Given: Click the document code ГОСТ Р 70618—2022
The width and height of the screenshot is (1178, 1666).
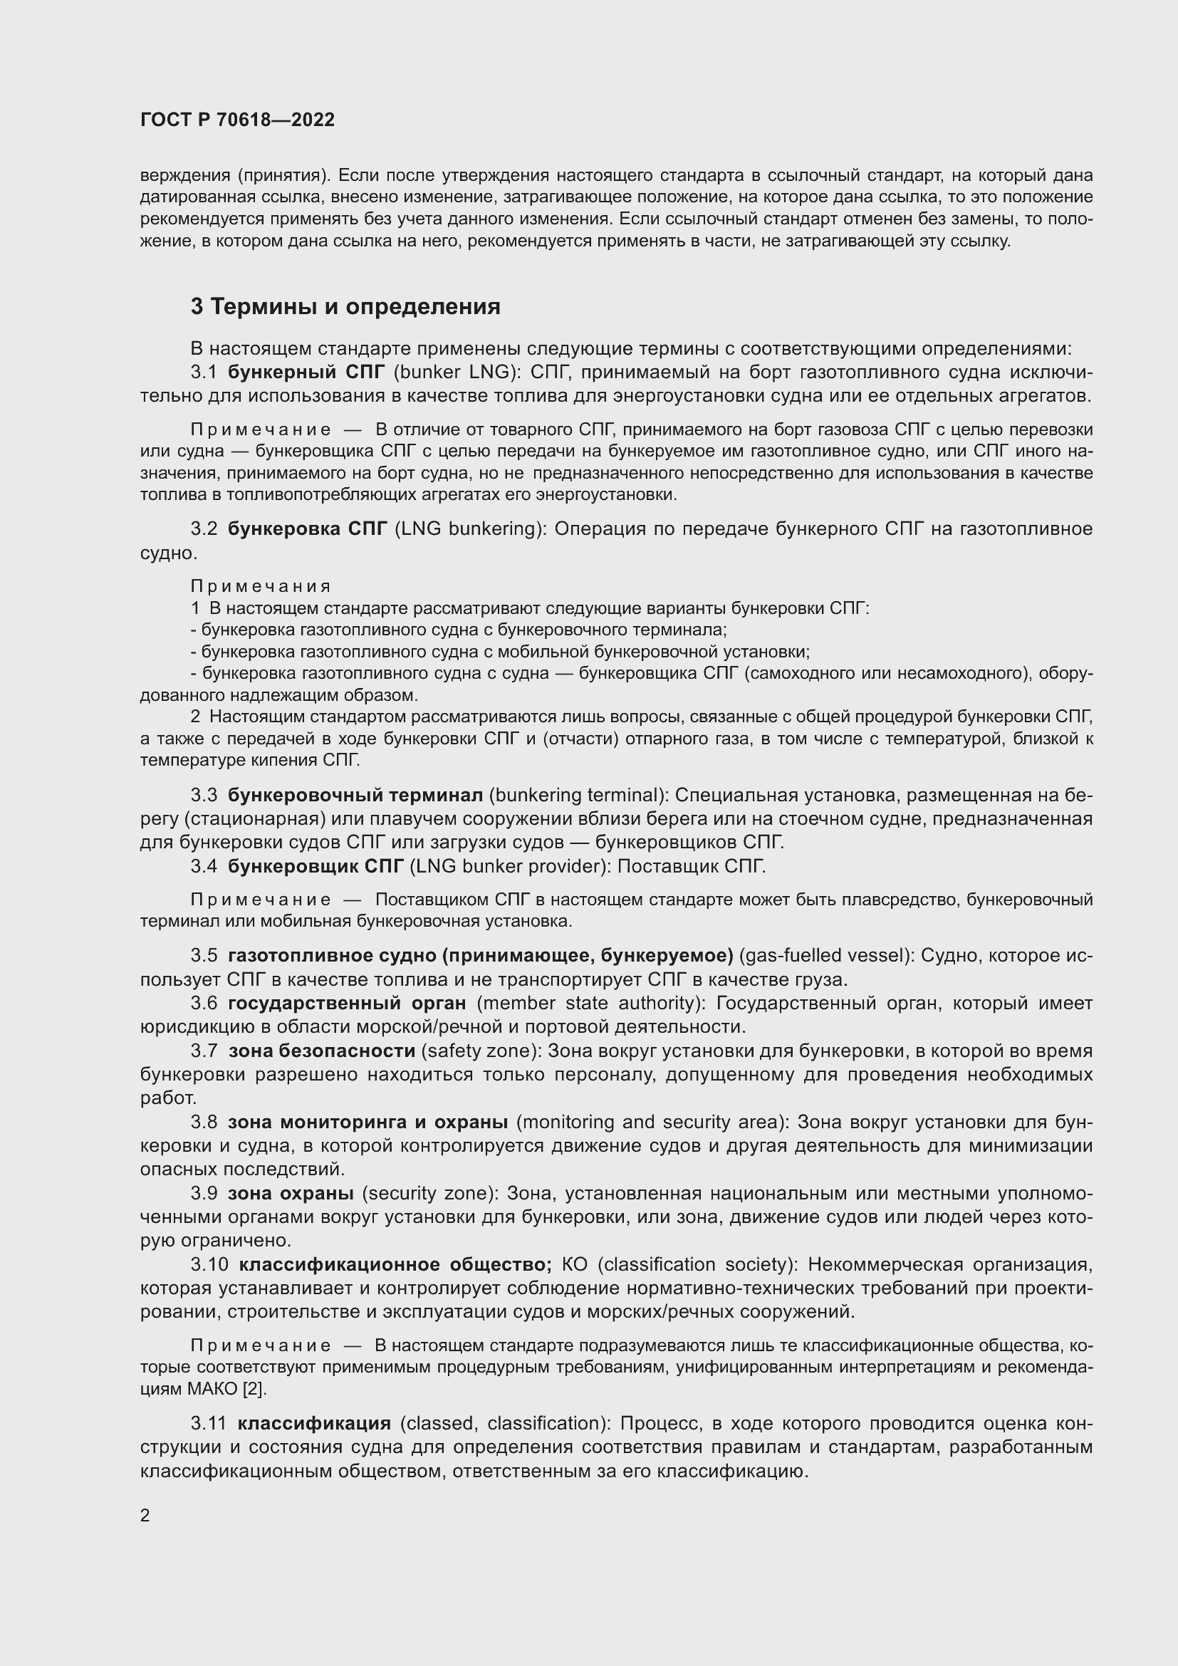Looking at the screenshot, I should [237, 120].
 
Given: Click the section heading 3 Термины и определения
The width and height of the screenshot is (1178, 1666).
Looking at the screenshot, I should [345, 307].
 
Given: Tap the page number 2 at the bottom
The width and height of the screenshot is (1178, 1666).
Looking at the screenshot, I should [145, 1516].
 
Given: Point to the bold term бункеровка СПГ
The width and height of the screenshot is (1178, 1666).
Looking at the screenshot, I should [308, 529].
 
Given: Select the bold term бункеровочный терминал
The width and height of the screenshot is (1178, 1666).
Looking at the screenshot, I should [355, 796].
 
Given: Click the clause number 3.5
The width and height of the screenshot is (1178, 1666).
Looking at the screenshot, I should [204, 956].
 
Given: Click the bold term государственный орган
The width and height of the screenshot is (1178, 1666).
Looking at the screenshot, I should [347, 1004].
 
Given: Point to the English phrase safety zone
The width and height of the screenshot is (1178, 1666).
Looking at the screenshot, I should [479, 1051].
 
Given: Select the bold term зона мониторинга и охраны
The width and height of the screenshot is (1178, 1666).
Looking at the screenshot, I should [368, 1122].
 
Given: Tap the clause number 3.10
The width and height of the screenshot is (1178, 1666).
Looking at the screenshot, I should [209, 1264].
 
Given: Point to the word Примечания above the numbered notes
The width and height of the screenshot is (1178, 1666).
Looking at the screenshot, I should [261, 586].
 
